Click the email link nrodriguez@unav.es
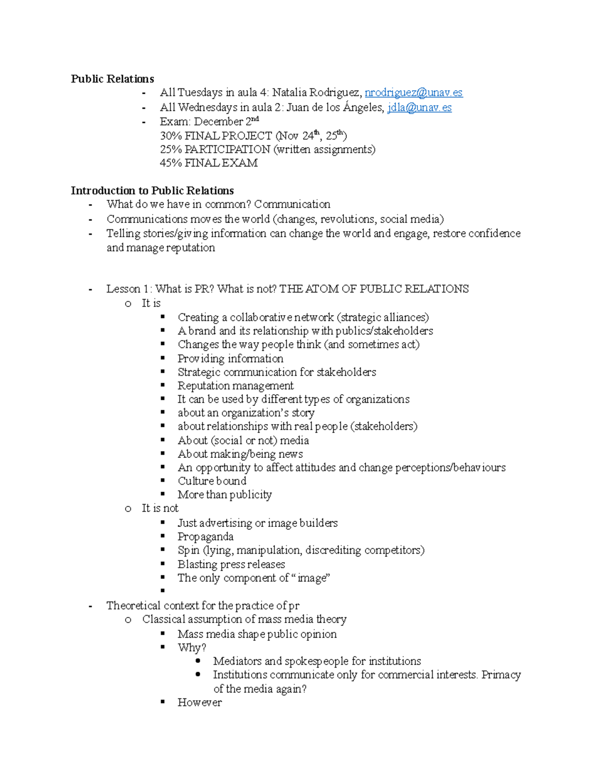point(413,93)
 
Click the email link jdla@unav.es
point(419,107)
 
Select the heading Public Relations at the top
point(112,79)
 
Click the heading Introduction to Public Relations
point(152,191)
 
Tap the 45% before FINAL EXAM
point(170,163)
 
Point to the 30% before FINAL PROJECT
point(170,136)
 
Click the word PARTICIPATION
point(227,149)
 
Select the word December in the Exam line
point(218,122)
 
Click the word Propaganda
point(205,536)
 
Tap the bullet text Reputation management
point(235,386)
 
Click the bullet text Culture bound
point(212,481)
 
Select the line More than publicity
point(224,495)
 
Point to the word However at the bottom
point(199,702)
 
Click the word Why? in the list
point(192,647)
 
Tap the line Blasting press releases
point(231,564)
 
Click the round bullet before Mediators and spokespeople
point(198,660)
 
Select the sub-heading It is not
point(160,508)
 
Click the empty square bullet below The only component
point(163,590)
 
